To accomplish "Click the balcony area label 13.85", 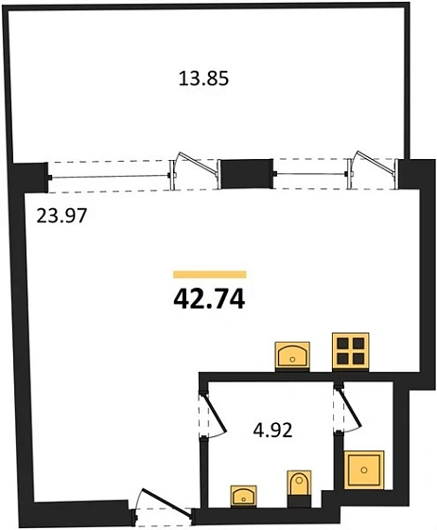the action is (203, 79).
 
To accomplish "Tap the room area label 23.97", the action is (61, 216).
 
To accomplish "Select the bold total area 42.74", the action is (209, 300).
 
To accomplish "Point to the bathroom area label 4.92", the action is (272, 431).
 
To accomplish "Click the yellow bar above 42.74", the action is (210, 274).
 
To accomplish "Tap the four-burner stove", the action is (351, 352).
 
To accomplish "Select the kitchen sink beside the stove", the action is (292, 356).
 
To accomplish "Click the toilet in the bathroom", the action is (299, 484).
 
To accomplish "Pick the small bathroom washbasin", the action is (243, 496).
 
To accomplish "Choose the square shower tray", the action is (364, 469).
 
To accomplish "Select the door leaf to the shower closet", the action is (351, 409).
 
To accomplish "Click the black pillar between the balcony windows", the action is (247, 174).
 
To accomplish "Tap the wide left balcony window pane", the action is (110, 176).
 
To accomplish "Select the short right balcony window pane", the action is (311, 174).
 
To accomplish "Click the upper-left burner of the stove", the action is (342, 344).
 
